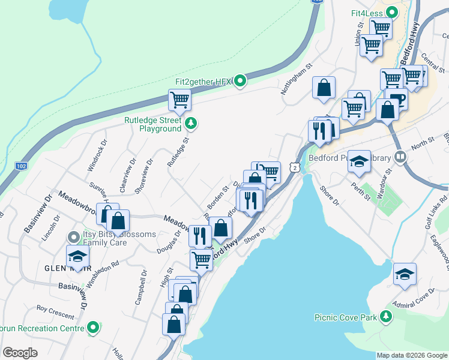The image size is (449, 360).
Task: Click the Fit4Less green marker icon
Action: (x=392, y=12)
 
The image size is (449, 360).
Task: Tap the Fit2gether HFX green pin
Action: (x=240, y=80)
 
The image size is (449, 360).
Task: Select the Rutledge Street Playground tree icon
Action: (x=191, y=124)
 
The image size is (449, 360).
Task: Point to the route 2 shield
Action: (x=295, y=169)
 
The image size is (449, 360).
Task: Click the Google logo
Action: (x=20, y=353)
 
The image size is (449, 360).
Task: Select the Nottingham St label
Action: (x=297, y=80)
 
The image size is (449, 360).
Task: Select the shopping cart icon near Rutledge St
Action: (x=179, y=100)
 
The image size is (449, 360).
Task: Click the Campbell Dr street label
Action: (x=140, y=289)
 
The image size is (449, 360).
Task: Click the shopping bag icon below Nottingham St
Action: (x=324, y=88)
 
